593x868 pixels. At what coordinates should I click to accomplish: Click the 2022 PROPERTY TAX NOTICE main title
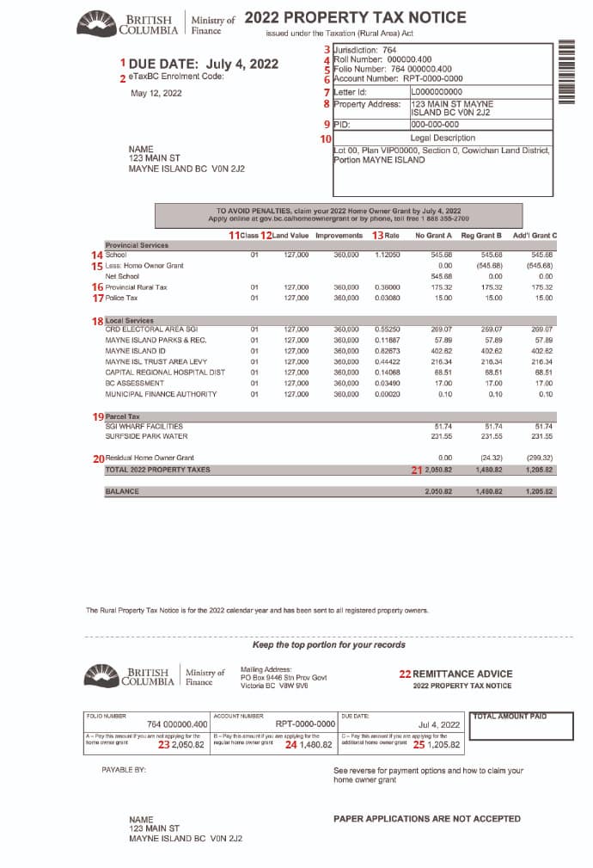pyautogui.click(x=355, y=17)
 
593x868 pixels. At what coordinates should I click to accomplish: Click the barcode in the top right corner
pyautogui.click(x=565, y=71)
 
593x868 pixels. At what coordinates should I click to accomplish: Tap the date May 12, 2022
pyautogui.click(x=156, y=93)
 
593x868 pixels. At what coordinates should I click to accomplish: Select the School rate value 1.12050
pyautogui.click(x=388, y=255)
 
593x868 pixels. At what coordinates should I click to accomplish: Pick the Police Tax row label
pyautogui.click(x=121, y=298)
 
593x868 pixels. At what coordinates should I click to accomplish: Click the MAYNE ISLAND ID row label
pyautogui.click(x=135, y=351)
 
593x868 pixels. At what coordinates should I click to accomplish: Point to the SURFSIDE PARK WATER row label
pyautogui.click(x=146, y=437)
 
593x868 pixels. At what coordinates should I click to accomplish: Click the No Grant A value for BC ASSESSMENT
pyautogui.click(x=443, y=384)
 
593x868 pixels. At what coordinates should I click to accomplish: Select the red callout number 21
pyautogui.click(x=418, y=471)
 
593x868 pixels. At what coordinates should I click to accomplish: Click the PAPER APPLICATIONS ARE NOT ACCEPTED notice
pyautogui.click(x=426, y=819)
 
